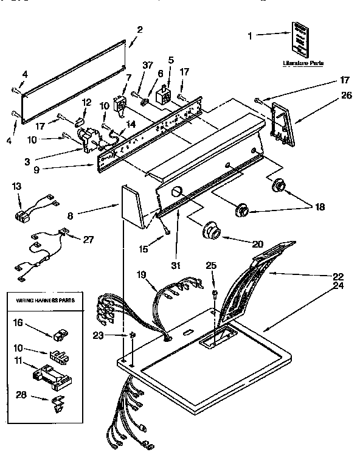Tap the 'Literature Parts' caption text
tap(303, 63)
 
